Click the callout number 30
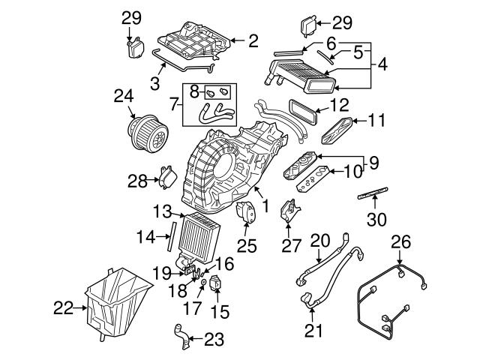click(374, 220)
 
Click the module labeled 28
click(166, 180)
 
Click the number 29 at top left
click(130, 16)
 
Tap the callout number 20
click(320, 240)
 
